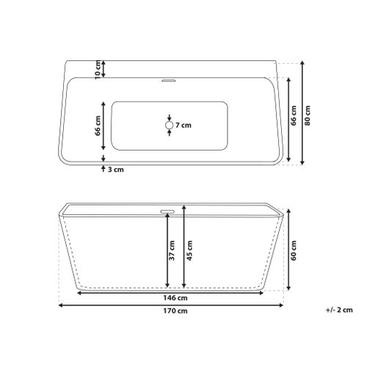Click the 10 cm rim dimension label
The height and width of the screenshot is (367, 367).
pos(98,70)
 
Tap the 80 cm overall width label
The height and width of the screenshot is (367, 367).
pos(308,115)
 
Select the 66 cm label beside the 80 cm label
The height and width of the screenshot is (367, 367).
pos(294,115)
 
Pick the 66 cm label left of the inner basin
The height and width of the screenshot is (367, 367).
pos(98,126)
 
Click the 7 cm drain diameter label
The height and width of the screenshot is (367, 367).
pos(183,126)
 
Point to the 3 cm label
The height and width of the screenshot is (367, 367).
pos(116,170)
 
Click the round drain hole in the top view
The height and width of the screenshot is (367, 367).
pos(169,126)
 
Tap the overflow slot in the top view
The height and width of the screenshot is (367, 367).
pos(168,80)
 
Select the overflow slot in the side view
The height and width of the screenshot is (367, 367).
pos(167,211)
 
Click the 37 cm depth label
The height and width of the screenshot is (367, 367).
pos(172,250)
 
